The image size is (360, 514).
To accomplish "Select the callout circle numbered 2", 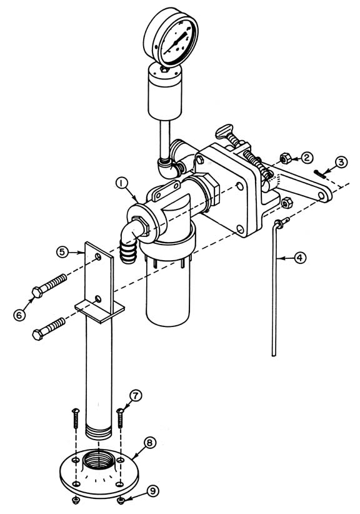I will [306, 158].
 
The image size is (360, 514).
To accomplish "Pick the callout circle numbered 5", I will [62, 251].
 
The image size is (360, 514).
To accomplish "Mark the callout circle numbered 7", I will [136, 396].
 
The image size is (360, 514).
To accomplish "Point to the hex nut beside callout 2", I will [282, 158].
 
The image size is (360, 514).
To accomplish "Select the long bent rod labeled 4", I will [273, 294].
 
